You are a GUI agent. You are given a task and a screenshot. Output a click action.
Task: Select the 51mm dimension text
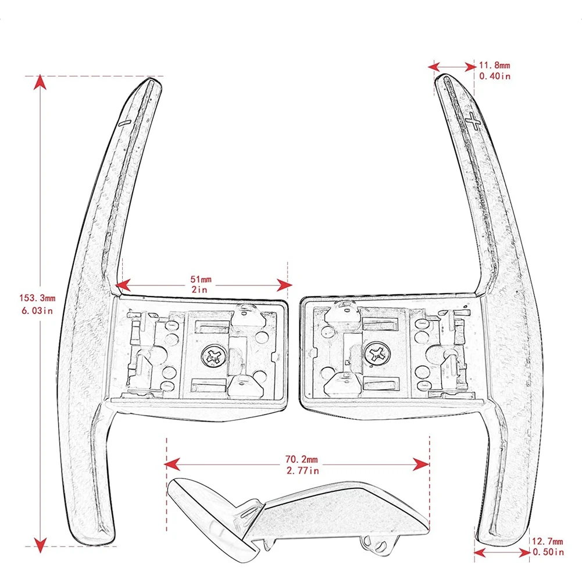[x=203, y=279]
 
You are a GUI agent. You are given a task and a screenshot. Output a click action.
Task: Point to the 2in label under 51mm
[x=203, y=289]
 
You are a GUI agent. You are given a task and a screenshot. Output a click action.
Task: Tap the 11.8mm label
[x=495, y=66]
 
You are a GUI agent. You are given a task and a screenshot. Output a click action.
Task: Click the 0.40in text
[x=495, y=76]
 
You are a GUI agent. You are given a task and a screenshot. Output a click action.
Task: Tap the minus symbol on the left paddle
[x=124, y=123]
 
